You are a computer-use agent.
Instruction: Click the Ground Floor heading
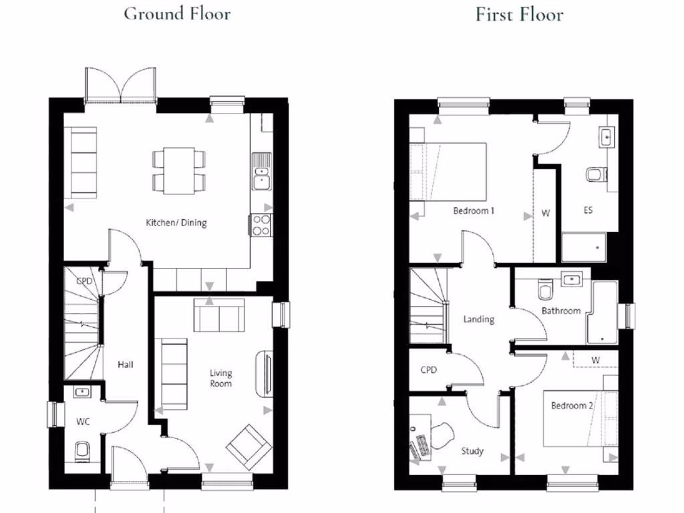[x=177, y=14]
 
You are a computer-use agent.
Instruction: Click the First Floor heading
[x=519, y=14]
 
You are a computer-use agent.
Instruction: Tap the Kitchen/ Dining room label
[x=176, y=222]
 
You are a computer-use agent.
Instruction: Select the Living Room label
[x=221, y=378]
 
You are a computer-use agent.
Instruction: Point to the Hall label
[x=126, y=365]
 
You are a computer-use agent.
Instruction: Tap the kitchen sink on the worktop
[x=261, y=175]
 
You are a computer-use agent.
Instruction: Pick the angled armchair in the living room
[x=248, y=446]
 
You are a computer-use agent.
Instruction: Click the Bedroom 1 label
[x=474, y=211]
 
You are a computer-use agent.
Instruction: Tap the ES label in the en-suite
[x=588, y=210]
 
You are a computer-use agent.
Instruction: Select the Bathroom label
[x=560, y=311]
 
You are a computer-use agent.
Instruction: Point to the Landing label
[x=478, y=319]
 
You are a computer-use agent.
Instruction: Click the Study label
[x=472, y=452]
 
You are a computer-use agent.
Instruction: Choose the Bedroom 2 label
[x=572, y=405]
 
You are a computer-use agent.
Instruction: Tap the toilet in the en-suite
[x=594, y=174]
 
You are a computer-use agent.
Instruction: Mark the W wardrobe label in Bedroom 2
[x=595, y=361]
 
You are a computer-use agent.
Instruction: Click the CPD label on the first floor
[x=428, y=369]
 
